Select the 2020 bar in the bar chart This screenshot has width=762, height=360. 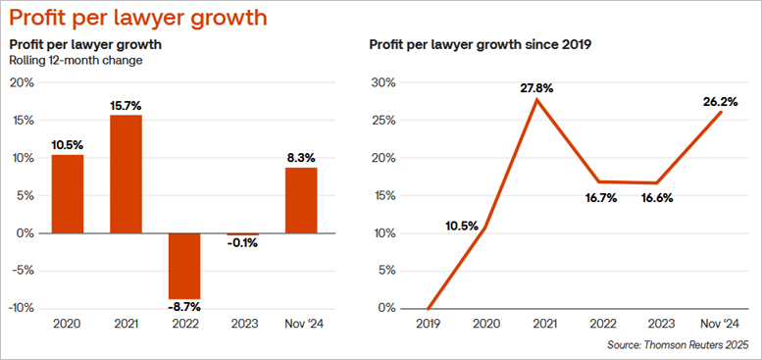coord(68,194)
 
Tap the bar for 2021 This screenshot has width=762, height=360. coord(127,175)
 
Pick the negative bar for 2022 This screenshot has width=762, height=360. coord(184,266)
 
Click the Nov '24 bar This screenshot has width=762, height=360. coord(301,201)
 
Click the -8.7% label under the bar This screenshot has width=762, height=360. coord(184,308)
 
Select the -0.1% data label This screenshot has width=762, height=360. coord(242,243)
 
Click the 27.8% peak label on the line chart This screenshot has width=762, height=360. coord(536,88)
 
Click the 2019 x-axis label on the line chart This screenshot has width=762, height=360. coord(428,324)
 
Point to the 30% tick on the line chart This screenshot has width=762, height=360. coord(384,82)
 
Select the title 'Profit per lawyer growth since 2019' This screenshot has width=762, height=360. coord(480,45)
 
